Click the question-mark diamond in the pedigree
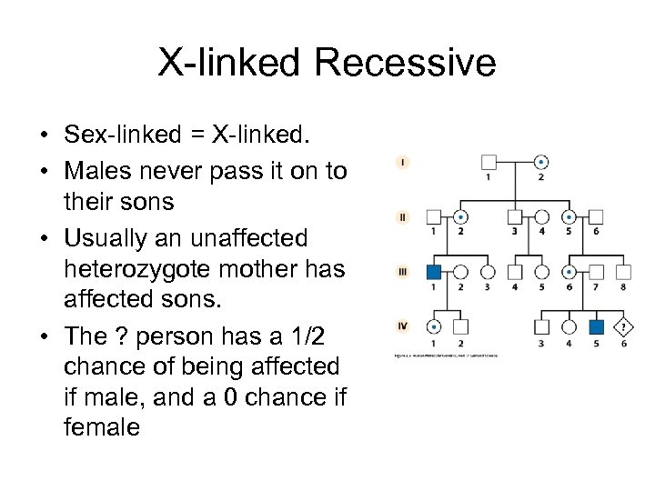623,326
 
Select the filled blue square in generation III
435,272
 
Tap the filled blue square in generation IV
597,326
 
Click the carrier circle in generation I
542,164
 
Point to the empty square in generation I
489,164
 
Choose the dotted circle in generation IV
435,326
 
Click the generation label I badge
402,162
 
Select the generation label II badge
402,217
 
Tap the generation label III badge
402,271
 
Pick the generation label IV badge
402,325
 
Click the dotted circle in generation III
569,272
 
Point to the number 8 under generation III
623,288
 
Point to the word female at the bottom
102,426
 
